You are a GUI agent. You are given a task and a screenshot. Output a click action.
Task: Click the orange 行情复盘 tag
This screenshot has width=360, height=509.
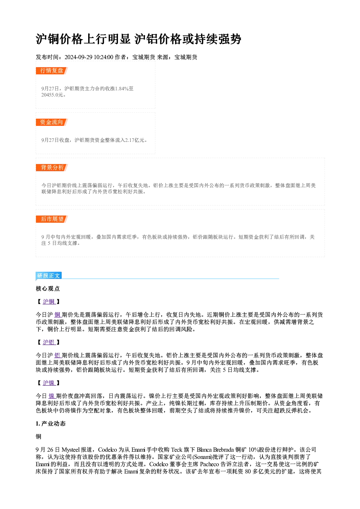[52, 71]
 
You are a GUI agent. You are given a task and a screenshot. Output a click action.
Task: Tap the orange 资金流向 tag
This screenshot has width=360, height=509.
[52, 122]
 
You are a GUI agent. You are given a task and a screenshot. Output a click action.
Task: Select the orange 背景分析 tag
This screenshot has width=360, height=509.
[52, 168]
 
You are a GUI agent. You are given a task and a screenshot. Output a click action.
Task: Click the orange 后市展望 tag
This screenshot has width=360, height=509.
[52, 219]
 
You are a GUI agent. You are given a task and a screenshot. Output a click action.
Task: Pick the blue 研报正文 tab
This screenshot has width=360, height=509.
[49, 276]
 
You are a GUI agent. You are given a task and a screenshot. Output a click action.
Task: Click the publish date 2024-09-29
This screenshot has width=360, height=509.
[78, 57]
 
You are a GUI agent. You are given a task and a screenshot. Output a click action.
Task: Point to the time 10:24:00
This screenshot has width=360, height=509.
[103, 57]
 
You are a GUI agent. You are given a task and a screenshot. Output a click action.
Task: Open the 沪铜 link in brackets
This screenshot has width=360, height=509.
[49, 301]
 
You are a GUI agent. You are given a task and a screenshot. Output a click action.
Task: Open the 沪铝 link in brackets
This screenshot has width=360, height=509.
[49, 342]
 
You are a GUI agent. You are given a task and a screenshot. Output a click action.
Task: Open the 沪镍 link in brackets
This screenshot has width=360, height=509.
[49, 383]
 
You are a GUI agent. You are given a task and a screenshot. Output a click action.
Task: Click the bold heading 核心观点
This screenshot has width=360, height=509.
[48, 288]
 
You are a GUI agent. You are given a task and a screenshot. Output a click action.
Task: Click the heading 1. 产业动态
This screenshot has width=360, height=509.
[51, 423]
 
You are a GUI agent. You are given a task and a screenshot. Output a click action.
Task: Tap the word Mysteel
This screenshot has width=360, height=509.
[71, 450]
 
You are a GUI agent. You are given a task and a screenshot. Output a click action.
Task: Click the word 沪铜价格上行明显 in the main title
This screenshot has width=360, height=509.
[83, 39]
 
